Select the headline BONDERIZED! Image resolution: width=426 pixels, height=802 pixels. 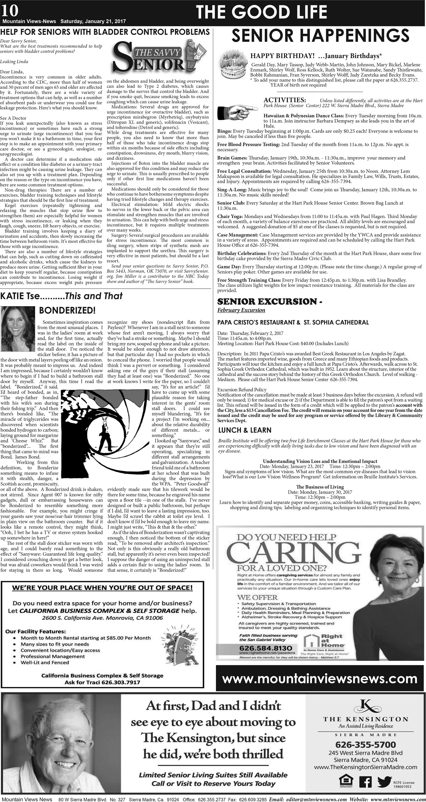[67, 310]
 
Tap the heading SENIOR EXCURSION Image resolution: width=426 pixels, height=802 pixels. [267, 301]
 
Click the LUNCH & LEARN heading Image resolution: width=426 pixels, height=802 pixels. [245, 430]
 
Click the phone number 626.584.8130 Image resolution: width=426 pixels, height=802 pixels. [266, 648]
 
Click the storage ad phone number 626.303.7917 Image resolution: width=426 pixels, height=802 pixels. [121, 682]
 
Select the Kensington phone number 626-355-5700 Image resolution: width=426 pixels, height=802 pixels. [365, 745]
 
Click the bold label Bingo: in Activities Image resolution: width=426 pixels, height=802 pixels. [224, 131]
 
